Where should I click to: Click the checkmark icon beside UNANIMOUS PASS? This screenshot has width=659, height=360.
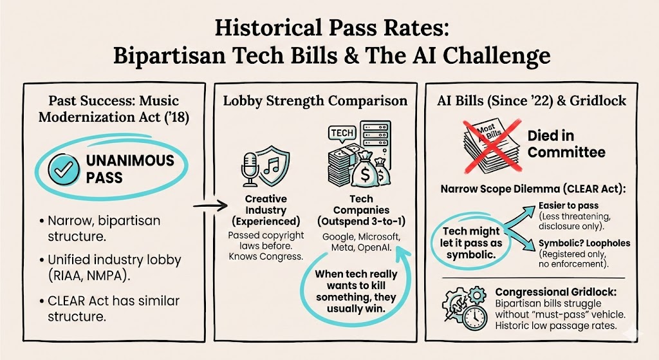[64, 169]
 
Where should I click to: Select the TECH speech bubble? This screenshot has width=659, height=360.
[342, 134]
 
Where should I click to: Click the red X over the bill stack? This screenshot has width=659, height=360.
[492, 146]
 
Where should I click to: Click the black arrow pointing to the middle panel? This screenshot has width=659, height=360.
[210, 205]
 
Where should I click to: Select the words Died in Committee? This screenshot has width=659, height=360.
[566, 144]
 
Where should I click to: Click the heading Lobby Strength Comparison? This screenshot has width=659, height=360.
[315, 101]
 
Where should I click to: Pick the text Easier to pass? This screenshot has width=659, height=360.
[568, 205]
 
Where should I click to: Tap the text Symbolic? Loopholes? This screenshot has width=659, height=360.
[584, 243]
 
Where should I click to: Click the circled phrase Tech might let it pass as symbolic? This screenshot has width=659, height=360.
[470, 243]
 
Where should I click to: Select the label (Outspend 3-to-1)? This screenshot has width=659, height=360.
[361, 221]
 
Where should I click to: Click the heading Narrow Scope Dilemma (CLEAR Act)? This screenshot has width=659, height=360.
[533, 189]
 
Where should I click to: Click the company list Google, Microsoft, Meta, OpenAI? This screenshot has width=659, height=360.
[361, 242]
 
